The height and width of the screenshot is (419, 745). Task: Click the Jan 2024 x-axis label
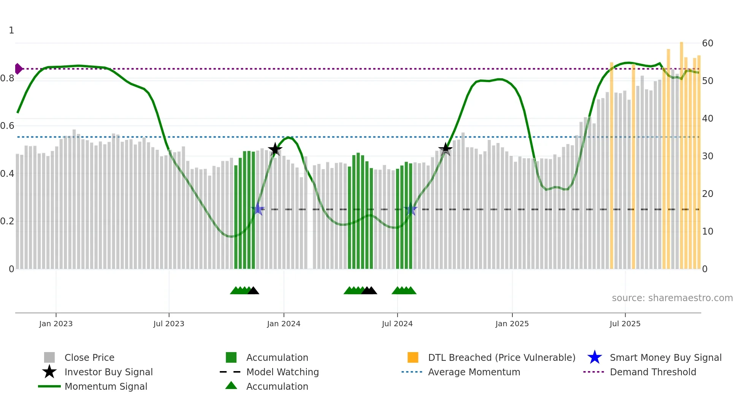coord(284,324)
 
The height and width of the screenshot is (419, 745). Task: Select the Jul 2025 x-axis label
coord(625,324)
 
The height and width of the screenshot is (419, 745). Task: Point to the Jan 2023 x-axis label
coord(56,324)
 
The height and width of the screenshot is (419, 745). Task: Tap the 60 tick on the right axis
coord(707,43)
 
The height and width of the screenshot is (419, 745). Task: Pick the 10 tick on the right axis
coord(707,232)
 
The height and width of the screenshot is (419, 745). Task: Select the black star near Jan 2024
coord(275,149)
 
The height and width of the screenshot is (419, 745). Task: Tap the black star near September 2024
coord(445,149)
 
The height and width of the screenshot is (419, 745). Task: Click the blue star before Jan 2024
coord(258,209)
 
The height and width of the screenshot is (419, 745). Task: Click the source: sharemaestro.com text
coord(672,298)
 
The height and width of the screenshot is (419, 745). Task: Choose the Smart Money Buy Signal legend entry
coord(665,357)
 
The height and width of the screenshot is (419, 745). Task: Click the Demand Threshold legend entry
coord(653,372)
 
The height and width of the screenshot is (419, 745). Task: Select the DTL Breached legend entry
coord(501,357)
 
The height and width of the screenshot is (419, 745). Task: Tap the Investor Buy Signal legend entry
coord(108,372)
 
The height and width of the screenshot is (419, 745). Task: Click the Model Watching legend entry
coord(282,372)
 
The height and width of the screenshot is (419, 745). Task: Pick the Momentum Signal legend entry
coord(106,386)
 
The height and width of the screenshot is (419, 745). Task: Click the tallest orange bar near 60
coord(682,152)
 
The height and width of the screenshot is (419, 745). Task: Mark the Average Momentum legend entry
coord(474,372)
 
